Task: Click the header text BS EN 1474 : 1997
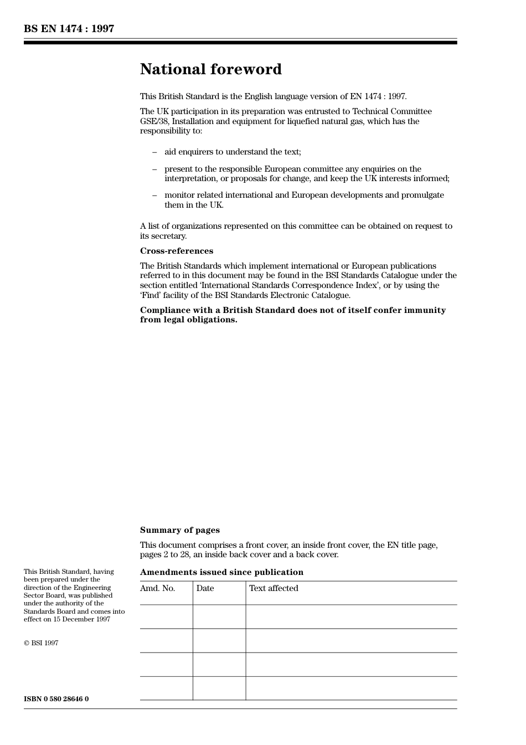pyautogui.click(x=69, y=29)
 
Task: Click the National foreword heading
pyautogui.click(x=210, y=69)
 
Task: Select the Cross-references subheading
pyautogui.click(x=176, y=251)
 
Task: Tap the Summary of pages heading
pyautogui.click(x=179, y=530)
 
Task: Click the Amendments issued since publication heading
pyautogui.click(x=221, y=572)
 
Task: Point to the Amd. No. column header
pyautogui.click(x=157, y=588)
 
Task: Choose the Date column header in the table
pyautogui.click(x=205, y=588)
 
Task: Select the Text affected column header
pyautogui.click(x=274, y=588)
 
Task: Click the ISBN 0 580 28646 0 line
pyautogui.click(x=56, y=699)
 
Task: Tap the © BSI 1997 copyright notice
pyautogui.click(x=41, y=643)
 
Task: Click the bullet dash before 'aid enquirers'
pyautogui.click(x=154, y=152)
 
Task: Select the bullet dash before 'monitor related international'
pyautogui.click(x=154, y=195)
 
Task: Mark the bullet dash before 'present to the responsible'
pyautogui.click(x=154, y=169)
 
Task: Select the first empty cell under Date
pyautogui.click(x=219, y=616)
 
